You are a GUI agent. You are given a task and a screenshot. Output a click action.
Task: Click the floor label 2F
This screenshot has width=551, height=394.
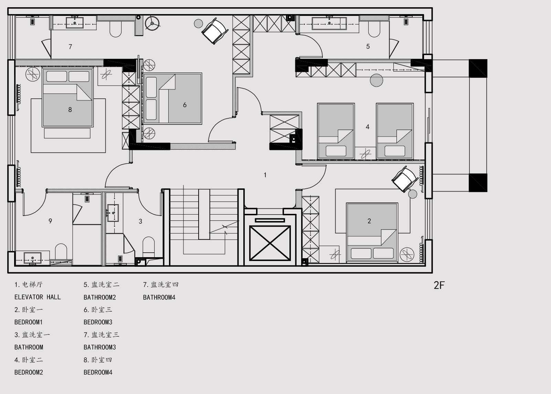[x=439, y=285]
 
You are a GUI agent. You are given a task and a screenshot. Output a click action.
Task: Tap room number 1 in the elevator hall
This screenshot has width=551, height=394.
[x=265, y=175]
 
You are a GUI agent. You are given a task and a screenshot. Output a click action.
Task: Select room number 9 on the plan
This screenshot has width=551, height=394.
[x=50, y=221]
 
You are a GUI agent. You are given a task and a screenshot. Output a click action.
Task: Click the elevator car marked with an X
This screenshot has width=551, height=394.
[x=270, y=243]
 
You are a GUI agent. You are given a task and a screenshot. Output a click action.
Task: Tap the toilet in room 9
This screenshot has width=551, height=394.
[x=61, y=251]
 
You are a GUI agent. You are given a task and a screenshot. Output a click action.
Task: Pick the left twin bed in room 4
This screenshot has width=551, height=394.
[x=336, y=131]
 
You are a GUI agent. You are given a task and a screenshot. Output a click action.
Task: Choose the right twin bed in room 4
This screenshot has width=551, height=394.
[x=395, y=131]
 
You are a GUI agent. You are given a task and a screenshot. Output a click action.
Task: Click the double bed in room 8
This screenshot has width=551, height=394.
[x=68, y=98]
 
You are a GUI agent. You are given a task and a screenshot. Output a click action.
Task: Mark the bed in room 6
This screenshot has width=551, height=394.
[x=173, y=98]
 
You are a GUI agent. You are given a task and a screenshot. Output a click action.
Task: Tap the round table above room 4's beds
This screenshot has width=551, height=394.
[x=377, y=80]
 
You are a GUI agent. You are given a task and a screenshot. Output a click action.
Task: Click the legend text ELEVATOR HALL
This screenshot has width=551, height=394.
[x=38, y=297]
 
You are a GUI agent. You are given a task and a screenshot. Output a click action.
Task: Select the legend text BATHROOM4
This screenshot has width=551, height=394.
[x=159, y=297]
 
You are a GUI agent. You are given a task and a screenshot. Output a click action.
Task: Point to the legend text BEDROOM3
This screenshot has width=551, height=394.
[x=98, y=322]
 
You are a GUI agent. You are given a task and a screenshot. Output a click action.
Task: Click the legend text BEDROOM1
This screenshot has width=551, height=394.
[x=29, y=322]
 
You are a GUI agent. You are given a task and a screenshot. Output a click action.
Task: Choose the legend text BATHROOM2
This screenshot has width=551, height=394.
[x=99, y=297]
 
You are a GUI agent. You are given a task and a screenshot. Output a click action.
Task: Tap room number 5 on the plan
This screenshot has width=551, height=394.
[x=368, y=46]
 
